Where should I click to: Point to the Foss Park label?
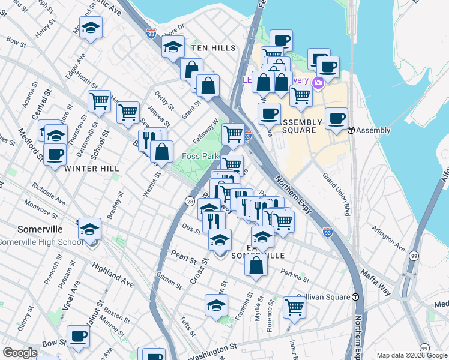point(200,156)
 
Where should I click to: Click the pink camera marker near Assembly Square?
point(318,83)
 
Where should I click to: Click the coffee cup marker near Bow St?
point(77,336)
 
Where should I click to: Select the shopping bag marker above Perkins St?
point(256,266)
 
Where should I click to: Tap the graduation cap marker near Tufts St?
point(216,305)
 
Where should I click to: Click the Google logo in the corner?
point(20,353)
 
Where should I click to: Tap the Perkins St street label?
point(294,275)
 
